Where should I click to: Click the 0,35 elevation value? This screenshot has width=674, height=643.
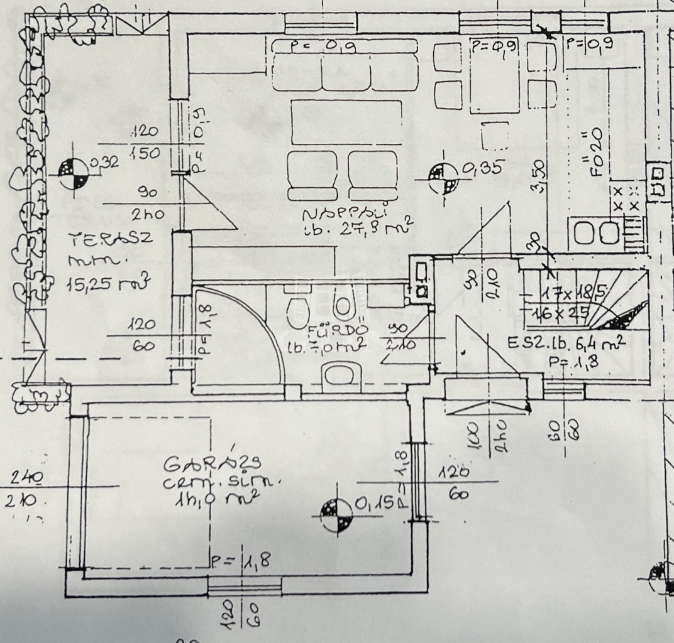pos(483,168)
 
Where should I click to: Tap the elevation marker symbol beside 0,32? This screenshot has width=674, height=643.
pos(74,170)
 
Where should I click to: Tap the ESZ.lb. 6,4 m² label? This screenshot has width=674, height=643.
pos(565,343)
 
